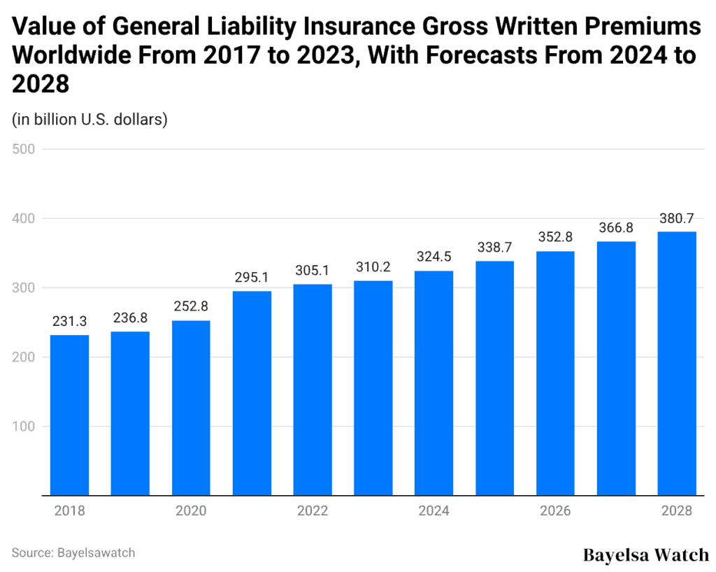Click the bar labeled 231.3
[69, 415]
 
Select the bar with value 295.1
[252, 393]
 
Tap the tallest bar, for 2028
[677, 364]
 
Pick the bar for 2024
[434, 383]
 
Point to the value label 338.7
[494, 248]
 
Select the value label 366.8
[616, 229]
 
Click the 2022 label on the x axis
[312, 511]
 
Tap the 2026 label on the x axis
[555, 511]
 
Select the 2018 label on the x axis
[69, 511]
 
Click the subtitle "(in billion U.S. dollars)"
[89, 120]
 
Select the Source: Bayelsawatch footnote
[73, 552]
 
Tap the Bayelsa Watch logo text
[645, 555]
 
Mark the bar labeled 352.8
[555, 373]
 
